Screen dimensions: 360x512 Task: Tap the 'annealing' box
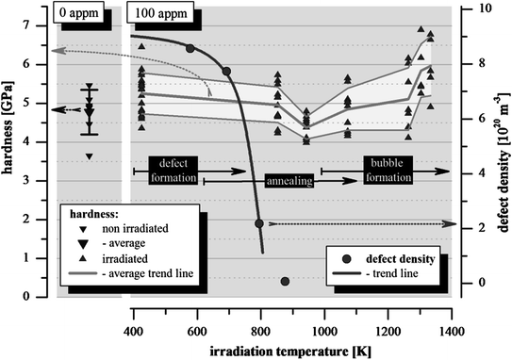[289, 179]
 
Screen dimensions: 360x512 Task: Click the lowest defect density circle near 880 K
[285, 281]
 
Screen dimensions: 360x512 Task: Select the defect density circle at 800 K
[259, 223]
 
